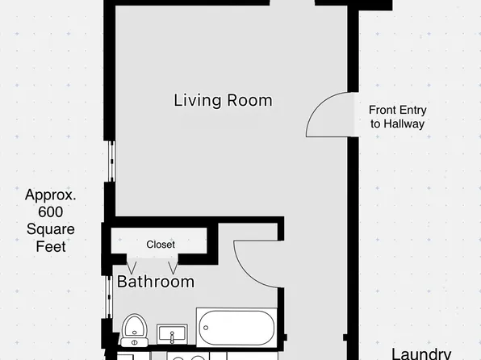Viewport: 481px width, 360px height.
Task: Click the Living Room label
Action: coord(223,101)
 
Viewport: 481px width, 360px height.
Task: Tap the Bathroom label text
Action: coord(156,282)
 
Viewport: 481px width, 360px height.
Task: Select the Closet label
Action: coord(161,244)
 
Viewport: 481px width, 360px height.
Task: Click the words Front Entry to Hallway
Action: coord(396,117)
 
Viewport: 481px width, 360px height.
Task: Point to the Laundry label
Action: coord(420,353)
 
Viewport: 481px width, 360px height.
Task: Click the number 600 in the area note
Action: coord(50,212)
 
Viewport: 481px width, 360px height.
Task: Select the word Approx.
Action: coord(50,195)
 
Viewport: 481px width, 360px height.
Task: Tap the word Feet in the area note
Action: coord(50,246)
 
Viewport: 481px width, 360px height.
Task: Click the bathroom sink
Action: coord(172,332)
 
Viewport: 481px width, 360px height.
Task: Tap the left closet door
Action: coord(132,266)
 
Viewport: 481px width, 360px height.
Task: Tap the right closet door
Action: coord(174,266)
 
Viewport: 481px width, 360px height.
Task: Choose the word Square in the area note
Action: coord(50,229)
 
